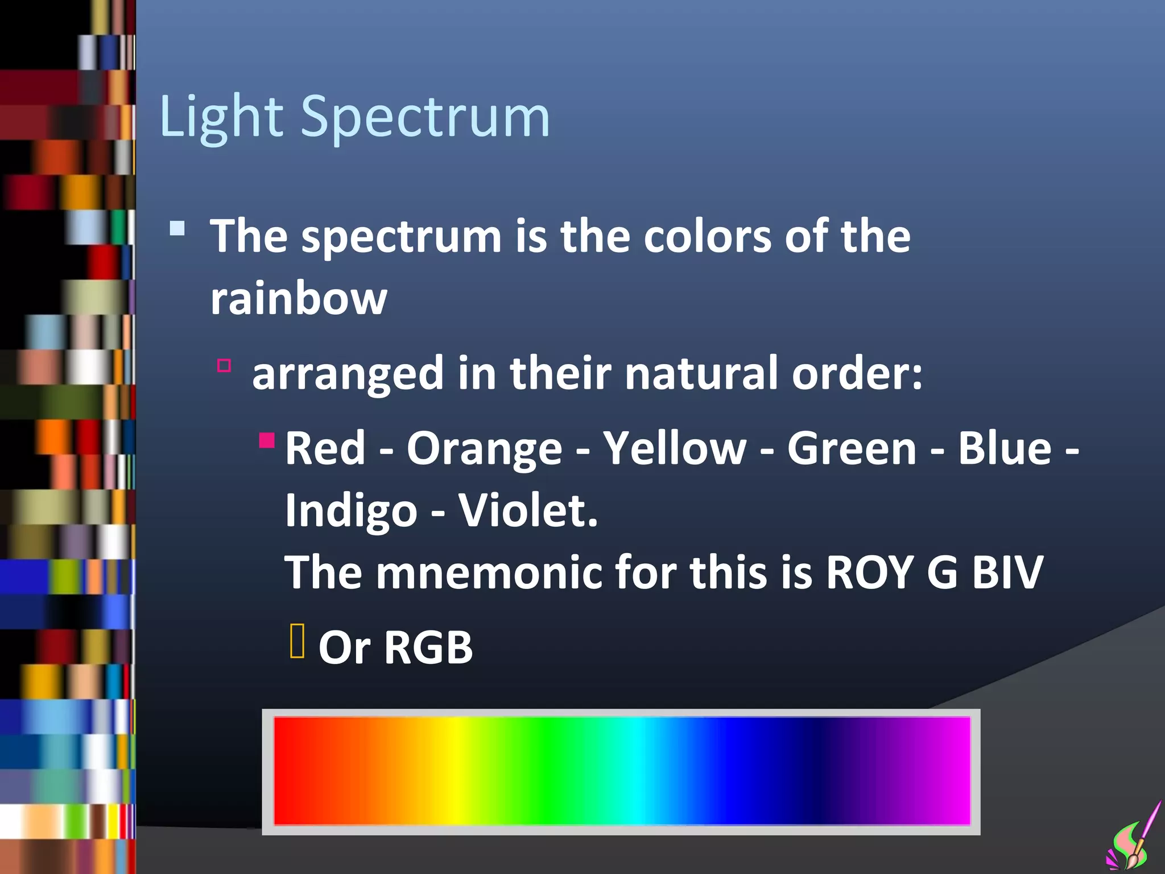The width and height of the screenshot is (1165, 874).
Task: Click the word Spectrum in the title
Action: point(425,117)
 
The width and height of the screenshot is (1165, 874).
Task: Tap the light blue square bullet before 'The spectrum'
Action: point(177,229)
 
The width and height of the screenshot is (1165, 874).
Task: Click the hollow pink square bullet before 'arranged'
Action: point(224,365)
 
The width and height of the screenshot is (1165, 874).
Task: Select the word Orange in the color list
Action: point(484,448)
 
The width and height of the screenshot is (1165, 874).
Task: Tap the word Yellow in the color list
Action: point(675,448)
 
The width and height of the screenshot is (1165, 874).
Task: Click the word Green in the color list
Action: point(852,448)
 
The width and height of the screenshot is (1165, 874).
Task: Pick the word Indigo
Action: point(351,510)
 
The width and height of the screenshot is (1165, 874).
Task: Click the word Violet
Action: point(528,510)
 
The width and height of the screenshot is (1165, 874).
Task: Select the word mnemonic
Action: point(489,572)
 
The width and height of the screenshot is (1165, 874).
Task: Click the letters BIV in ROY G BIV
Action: point(1007,572)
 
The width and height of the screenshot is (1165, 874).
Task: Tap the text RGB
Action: point(428,648)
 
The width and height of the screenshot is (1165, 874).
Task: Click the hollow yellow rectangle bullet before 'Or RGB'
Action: point(297,641)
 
